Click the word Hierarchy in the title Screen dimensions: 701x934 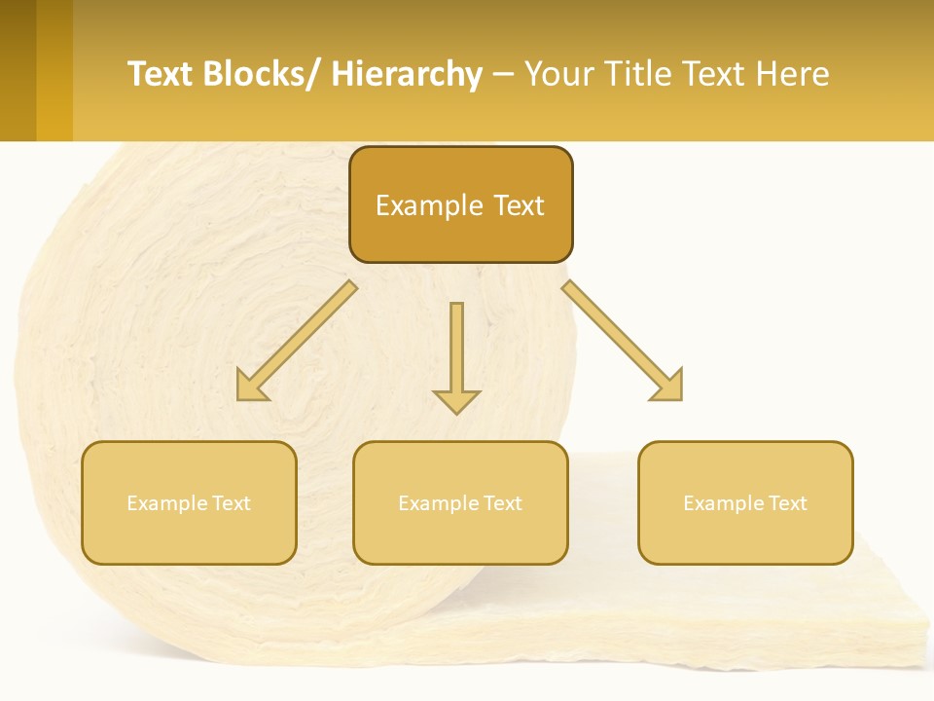407,74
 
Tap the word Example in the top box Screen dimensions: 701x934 429,205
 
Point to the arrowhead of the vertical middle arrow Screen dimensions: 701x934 456,400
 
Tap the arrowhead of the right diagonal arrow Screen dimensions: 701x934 669,387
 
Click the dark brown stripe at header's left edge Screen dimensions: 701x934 18,70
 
